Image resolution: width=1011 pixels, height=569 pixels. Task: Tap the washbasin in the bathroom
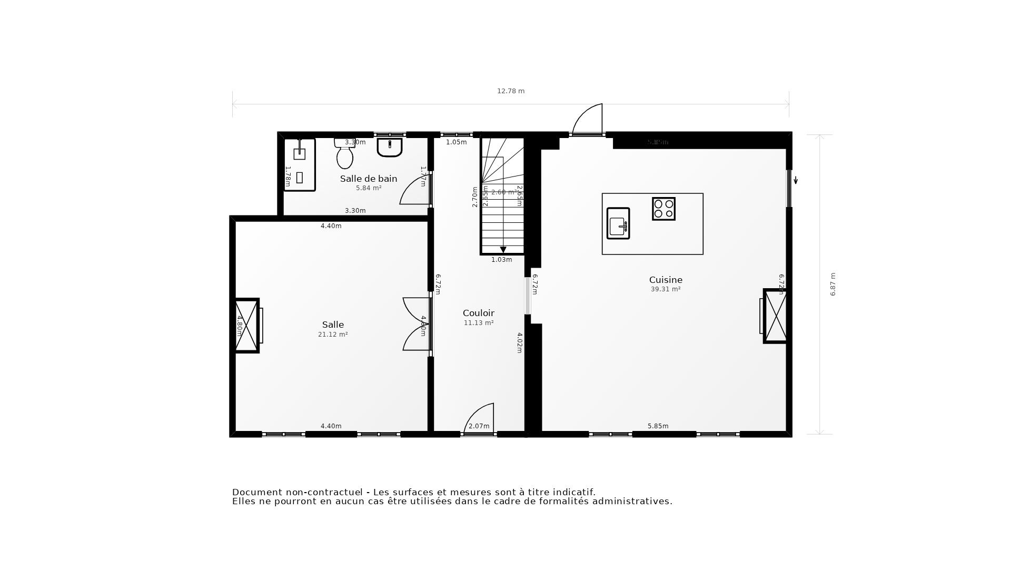[390, 147]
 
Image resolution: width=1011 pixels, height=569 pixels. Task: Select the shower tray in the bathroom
[300, 164]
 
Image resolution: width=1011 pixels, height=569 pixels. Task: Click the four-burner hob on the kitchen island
[663, 209]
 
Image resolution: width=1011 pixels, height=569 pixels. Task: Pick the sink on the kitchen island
[618, 223]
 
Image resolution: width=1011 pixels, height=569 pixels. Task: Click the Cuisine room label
[666, 280]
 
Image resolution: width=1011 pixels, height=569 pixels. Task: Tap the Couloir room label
[478, 313]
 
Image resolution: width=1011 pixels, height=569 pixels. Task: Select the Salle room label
[333, 325]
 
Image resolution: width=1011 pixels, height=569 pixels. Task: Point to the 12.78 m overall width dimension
[511, 91]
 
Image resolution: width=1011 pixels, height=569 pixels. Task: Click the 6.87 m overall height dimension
[833, 284]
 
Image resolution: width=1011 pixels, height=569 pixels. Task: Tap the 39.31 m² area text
[666, 289]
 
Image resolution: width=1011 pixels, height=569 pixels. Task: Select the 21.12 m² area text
[333, 335]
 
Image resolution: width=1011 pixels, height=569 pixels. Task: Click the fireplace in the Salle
[246, 325]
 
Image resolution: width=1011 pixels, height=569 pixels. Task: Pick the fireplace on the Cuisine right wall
[775, 316]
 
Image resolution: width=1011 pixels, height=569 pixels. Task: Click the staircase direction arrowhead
[503, 250]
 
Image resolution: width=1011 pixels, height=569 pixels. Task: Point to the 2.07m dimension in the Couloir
[479, 426]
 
